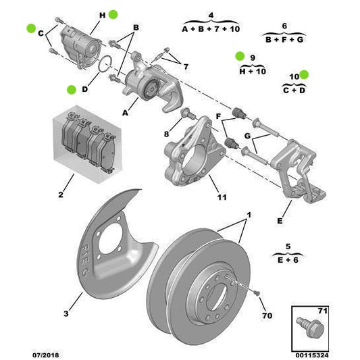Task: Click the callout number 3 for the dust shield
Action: click(x=66, y=313)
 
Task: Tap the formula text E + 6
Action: click(x=288, y=258)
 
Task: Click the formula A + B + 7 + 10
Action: click(x=211, y=29)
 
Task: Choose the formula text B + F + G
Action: click(x=284, y=39)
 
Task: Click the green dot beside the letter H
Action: click(x=113, y=14)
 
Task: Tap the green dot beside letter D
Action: click(x=71, y=89)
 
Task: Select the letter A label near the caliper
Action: click(x=125, y=113)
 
